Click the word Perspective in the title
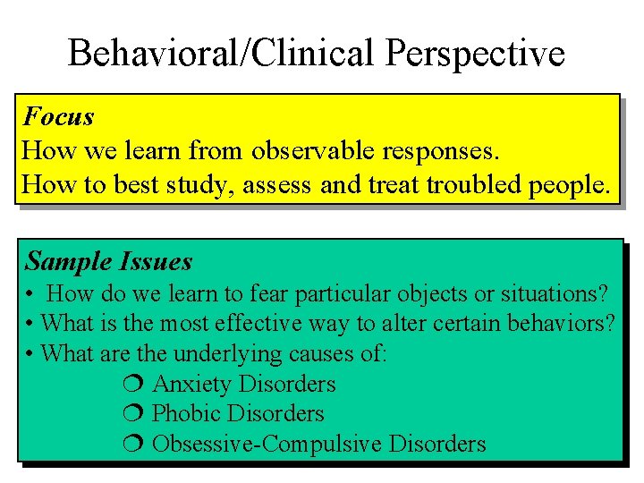coord(475,54)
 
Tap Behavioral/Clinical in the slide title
coord(224,54)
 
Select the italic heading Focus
coord(59,116)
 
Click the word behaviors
coord(554,323)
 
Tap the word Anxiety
coord(192,385)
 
